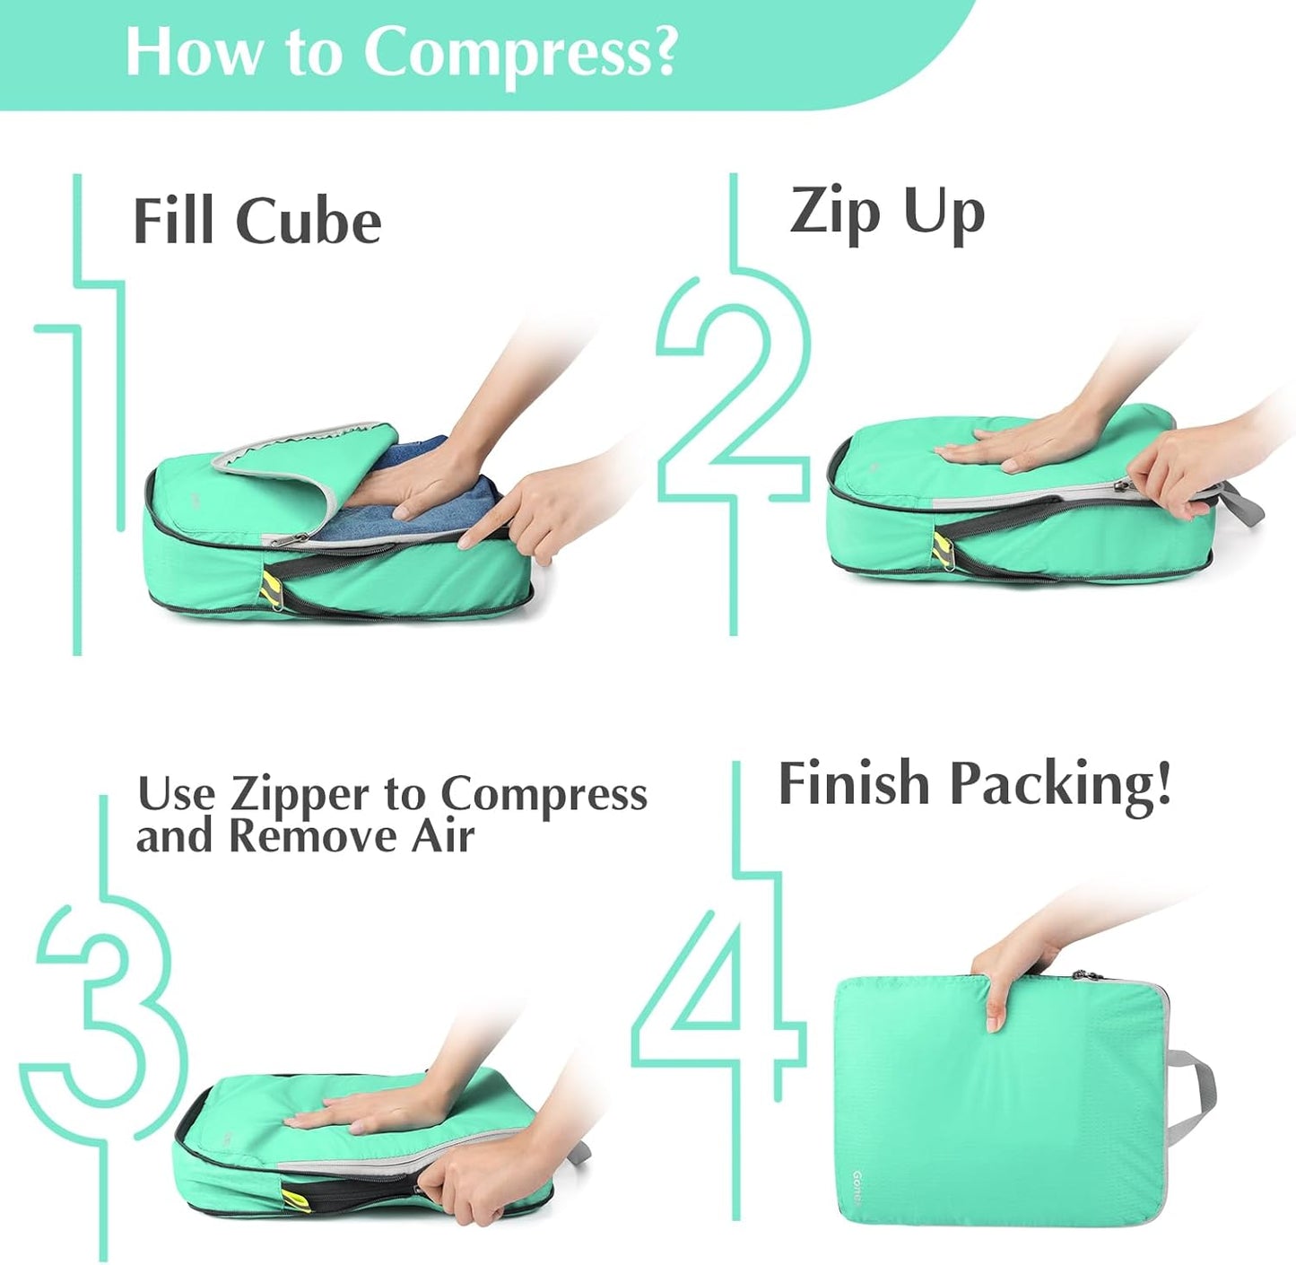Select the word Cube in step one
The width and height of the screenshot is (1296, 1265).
(x=309, y=222)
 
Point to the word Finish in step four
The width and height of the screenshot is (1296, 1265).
(x=853, y=784)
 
